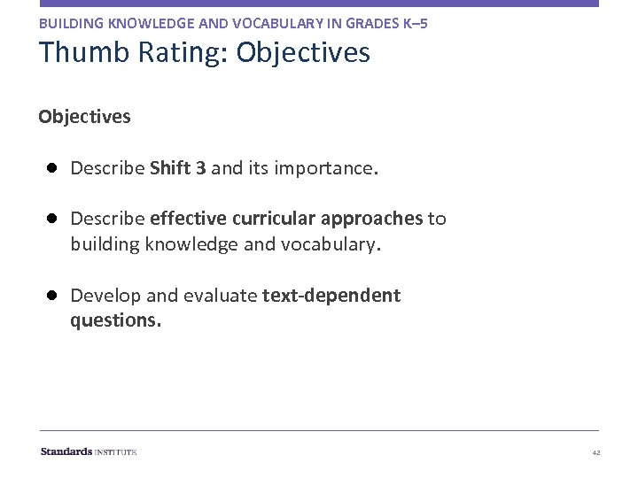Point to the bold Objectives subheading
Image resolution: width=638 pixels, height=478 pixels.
point(84,117)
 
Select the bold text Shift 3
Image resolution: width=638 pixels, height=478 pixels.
point(178,168)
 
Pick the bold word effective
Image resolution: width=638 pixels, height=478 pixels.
point(187,219)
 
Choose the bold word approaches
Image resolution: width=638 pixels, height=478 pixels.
point(372,219)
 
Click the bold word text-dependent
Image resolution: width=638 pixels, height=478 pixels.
point(331,296)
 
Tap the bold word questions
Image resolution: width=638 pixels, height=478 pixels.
point(115,320)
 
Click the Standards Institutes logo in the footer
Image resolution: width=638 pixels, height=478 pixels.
point(89,451)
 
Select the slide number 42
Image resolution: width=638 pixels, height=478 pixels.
point(595,452)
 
